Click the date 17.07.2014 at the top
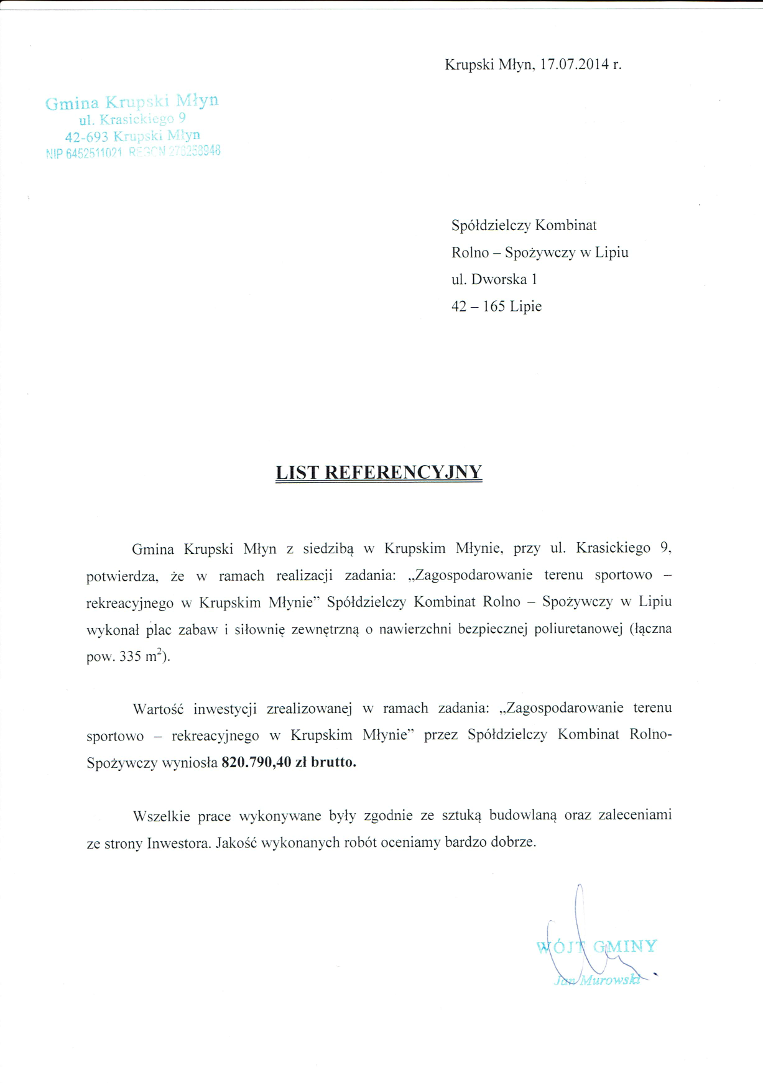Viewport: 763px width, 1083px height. [x=574, y=65]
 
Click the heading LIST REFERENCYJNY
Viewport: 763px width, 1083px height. [x=379, y=472]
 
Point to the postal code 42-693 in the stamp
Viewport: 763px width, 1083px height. [x=87, y=136]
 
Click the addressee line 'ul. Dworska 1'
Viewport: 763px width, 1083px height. [x=494, y=280]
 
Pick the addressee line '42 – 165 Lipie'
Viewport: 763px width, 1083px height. [x=496, y=306]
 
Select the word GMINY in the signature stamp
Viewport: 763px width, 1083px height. [x=625, y=947]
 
